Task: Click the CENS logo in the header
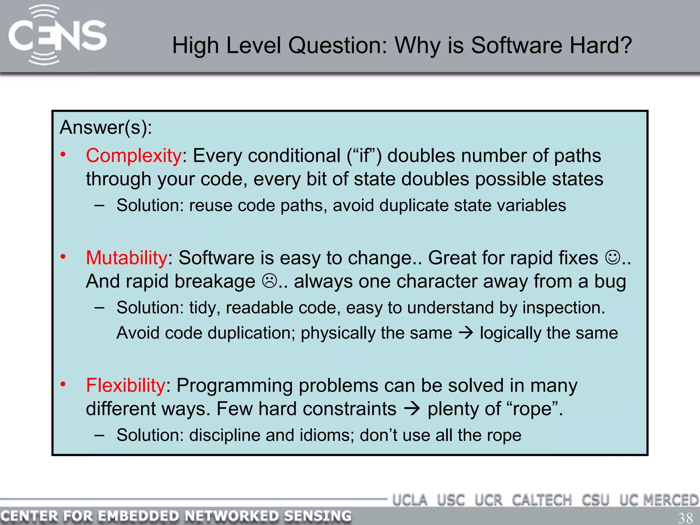point(57,35)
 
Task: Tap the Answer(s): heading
point(106,127)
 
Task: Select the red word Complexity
point(134,156)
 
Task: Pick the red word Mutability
point(126,258)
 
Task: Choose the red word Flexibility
point(125,386)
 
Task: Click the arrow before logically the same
point(466,333)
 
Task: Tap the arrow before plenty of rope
point(412,409)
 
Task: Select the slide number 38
point(685,517)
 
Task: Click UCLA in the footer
point(410,500)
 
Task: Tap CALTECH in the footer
point(542,500)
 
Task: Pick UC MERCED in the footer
point(659,500)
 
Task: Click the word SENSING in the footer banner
point(318,516)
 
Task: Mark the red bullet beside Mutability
point(63,257)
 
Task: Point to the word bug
point(610,282)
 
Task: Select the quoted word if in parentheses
point(364,156)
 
